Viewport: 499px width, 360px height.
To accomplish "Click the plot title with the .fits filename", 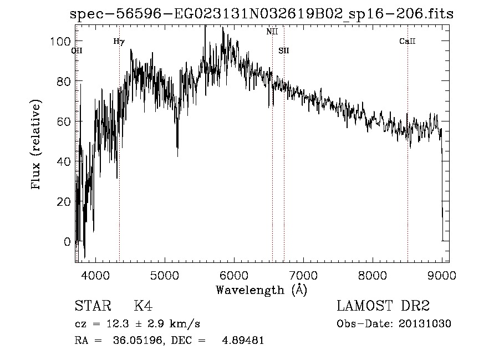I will tap(261, 14).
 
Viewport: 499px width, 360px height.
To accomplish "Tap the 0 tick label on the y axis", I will tap(67, 242).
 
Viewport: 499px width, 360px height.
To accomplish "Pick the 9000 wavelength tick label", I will tap(442, 275).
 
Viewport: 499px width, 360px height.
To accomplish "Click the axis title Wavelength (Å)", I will tap(261, 290).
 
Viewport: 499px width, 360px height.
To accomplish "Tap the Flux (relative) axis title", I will tap(37, 146).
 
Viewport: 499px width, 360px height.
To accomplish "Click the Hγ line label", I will tap(119, 42).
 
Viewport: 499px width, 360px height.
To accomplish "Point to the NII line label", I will tap(272, 32).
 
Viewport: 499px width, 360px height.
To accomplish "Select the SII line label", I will tap(284, 50).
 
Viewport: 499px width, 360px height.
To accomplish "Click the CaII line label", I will tap(408, 42).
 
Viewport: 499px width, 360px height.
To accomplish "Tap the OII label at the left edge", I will tap(77, 50).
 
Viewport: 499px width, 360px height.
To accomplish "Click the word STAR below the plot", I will tap(93, 306).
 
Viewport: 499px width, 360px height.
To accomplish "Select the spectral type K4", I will tap(143, 306).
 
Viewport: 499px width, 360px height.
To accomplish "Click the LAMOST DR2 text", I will tap(383, 306).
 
